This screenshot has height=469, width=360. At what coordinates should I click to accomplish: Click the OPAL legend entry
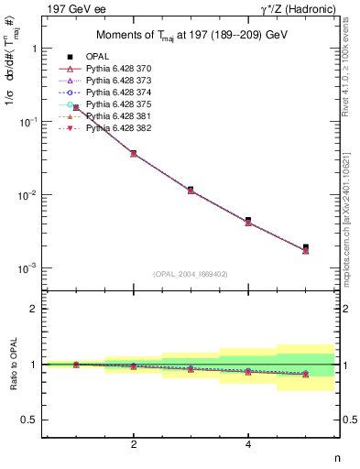96,58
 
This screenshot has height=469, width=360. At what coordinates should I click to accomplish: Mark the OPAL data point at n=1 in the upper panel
76,108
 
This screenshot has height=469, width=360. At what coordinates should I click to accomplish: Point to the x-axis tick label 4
248,444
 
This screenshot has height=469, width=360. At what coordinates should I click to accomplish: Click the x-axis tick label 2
134,444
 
